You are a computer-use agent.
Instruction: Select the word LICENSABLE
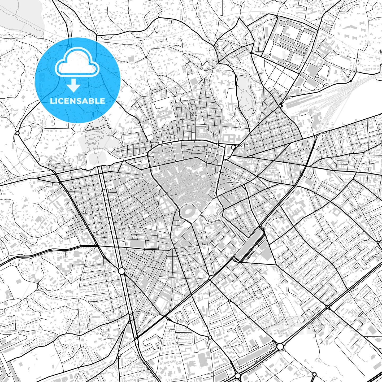click(x=77, y=101)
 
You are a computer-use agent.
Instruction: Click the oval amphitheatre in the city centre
click(x=189, y=211)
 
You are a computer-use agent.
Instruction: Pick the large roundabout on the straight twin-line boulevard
click(x=121, y=271)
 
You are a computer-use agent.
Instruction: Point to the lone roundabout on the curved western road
click(x=18, y=133)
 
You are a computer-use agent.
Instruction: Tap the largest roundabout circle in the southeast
click(x=280, y=346)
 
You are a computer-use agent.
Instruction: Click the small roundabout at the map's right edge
click(x=378, y=242)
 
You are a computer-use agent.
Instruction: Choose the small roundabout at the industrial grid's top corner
click(x=277, y=17)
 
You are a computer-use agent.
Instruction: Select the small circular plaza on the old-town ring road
click(x=151, y=154)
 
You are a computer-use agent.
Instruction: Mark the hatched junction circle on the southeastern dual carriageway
click(x=328, y=307)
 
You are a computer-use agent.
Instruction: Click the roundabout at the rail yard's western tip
click(x=280, y=106)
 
